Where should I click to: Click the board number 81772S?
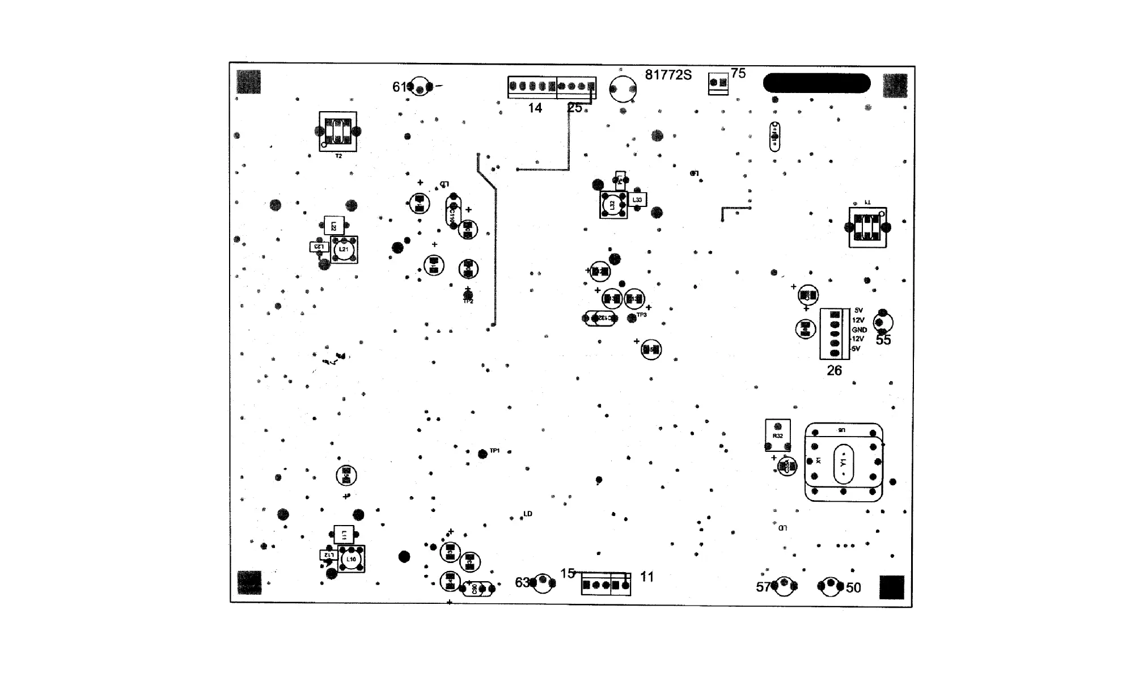668,75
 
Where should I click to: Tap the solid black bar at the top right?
816,83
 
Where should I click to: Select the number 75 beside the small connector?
738,73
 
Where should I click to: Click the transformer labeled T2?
338,132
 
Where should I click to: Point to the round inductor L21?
344,249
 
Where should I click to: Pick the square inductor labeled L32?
612,205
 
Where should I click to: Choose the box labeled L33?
637,200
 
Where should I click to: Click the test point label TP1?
494,451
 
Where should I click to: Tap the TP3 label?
641,315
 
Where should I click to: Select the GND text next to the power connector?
859,330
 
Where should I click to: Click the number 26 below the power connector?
834,371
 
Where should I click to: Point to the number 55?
883,340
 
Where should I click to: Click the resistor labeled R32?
777,435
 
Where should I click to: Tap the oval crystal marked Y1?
843,463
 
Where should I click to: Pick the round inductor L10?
351,560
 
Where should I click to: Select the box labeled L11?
344,534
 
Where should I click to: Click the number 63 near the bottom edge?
522,583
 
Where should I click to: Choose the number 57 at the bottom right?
764,587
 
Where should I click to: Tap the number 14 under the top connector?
535,108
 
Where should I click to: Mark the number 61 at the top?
400,87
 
